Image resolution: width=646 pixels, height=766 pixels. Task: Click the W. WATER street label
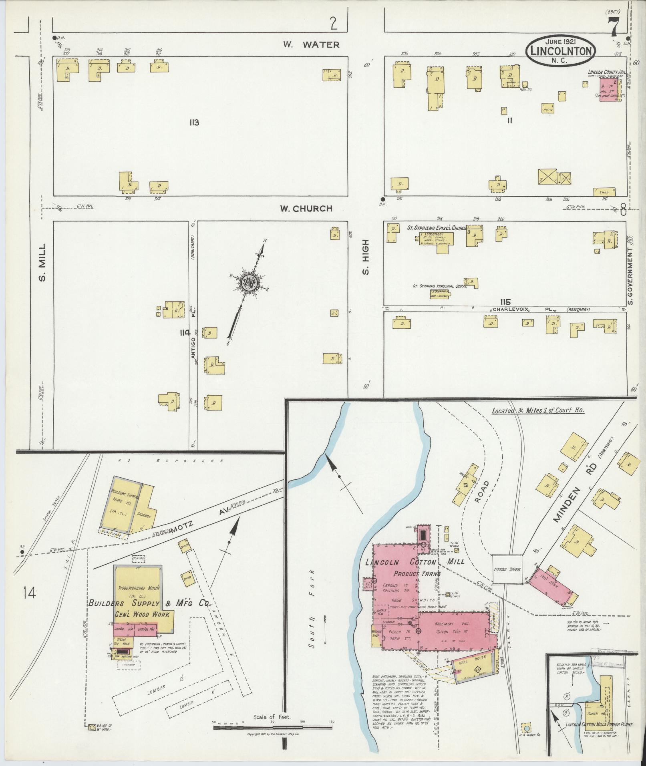(x=311, y=44)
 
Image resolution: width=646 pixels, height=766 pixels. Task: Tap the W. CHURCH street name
(x=306, y=208)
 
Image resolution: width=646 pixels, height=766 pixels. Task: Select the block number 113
(x=194, y=123)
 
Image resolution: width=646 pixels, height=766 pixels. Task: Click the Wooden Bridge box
(x=507, y=568)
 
